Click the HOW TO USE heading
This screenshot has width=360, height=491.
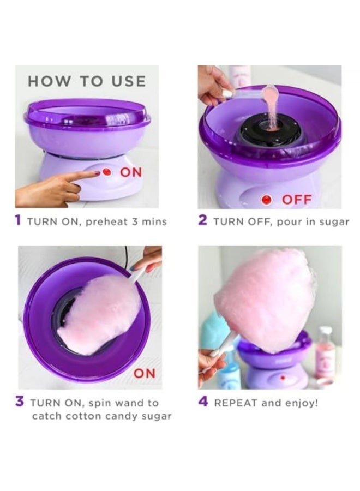(x=87, y=82)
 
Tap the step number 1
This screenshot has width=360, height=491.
(x=19, y=221)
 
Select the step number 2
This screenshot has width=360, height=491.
(x=202, y=221)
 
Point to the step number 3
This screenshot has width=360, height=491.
(x=20, y=402)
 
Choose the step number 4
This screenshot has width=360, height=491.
(x=203, y=402)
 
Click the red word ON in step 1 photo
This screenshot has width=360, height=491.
(x=130, y=172)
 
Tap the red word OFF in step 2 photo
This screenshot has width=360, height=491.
(x=296, y=200)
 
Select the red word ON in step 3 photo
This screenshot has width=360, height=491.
(x=145, y=373)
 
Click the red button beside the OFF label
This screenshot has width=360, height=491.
(x=266, y=200)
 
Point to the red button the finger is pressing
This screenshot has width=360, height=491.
(x=107, y=172)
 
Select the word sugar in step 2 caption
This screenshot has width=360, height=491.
(x=332, y=222)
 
